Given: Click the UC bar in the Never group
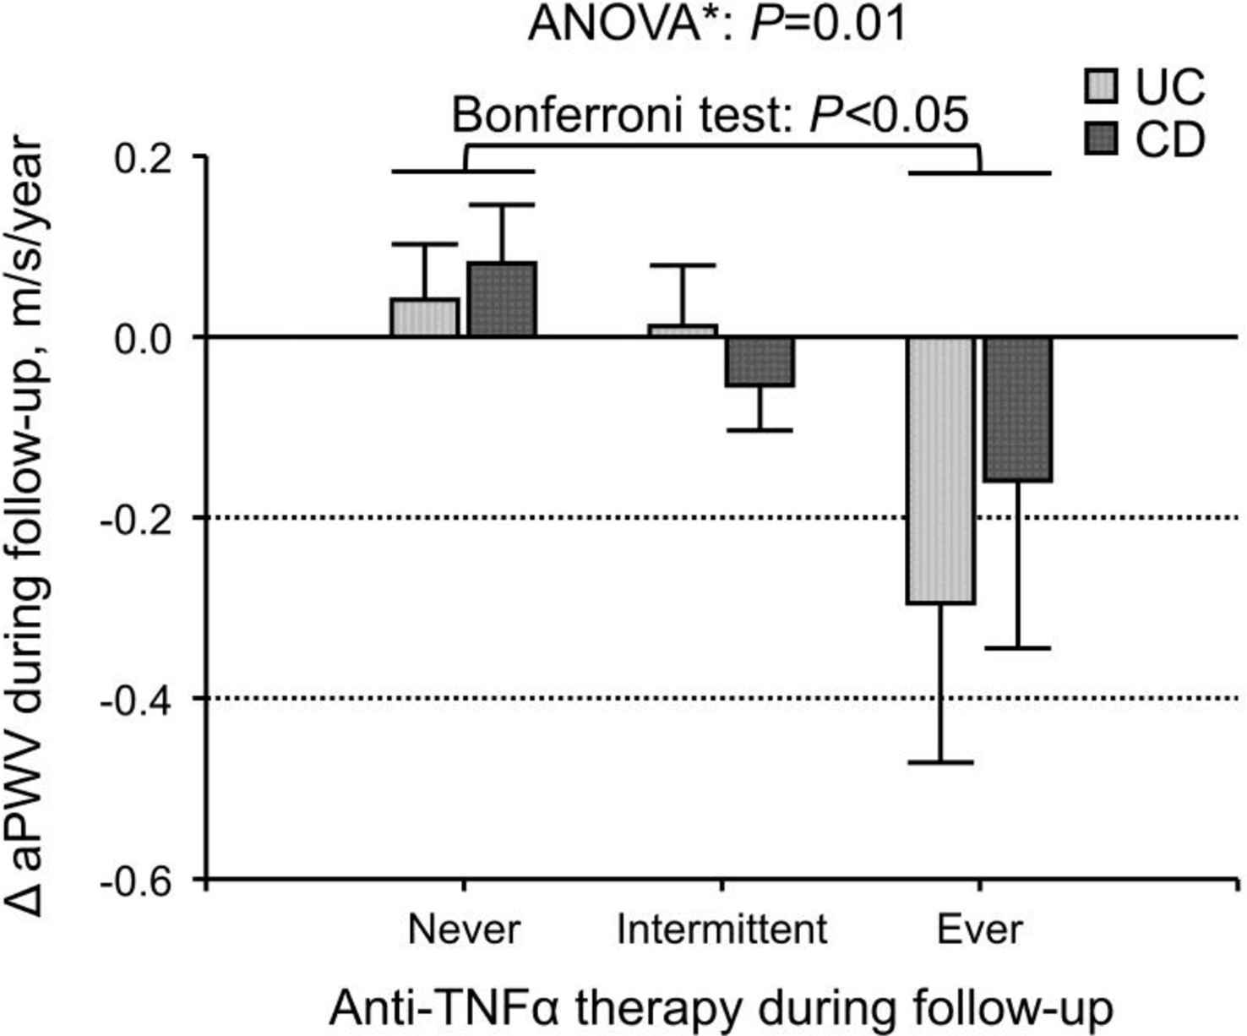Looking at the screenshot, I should pyautogui.click(x=424, y=318).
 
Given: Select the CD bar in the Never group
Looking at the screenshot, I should pyautogui.click(x=502, y=299).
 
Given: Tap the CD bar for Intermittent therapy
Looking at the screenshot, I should pyautogui.click(x=760, y=362).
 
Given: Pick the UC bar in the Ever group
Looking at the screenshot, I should pyautogui.click(x=941, y=470).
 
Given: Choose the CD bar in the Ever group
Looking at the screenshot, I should pyautogui.click(x=1018, y=409).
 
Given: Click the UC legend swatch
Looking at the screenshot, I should pyautogui.click(x=1101, y=87).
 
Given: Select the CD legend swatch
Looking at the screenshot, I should pyautogui.click(x=1101, y=139).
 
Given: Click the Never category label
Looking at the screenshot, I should pyautogui.click(x=464, y=930).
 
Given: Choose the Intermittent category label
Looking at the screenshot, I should pyautogui.click(x=722, y=930).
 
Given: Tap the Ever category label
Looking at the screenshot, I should pyautogui.click(x=979, y=930).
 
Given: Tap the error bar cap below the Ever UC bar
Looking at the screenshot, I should pyautogui.click(x=941, y=763).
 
